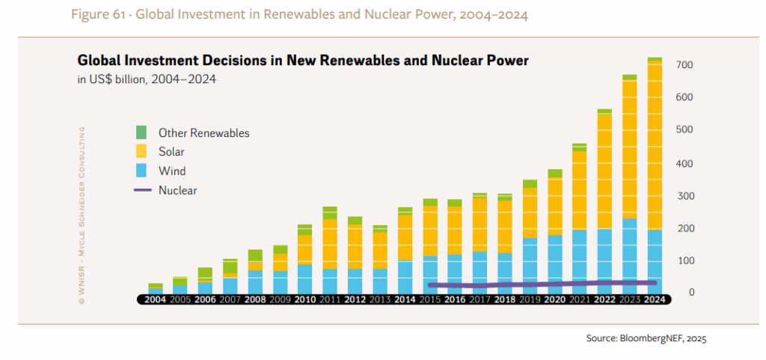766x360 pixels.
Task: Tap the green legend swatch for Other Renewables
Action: point(141,132)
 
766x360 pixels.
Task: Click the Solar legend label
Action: point(171,152)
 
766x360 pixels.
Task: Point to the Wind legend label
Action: point(172,171)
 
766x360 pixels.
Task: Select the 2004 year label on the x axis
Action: point(156,299)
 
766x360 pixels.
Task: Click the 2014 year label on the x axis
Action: point(405,299)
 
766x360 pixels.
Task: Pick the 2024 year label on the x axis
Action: point(654,299)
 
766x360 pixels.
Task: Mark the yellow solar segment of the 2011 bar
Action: point(330,244)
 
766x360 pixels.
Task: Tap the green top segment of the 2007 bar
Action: point(230,266)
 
